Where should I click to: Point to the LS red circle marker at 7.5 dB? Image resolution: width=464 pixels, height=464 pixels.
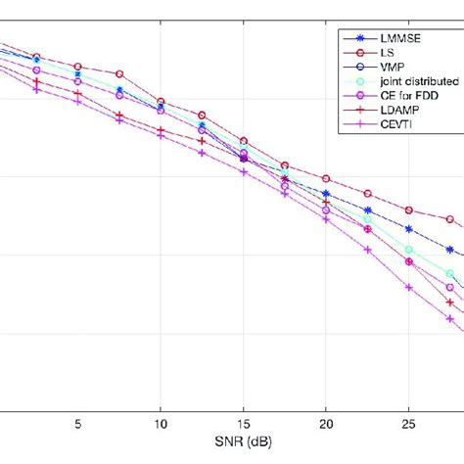119,74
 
